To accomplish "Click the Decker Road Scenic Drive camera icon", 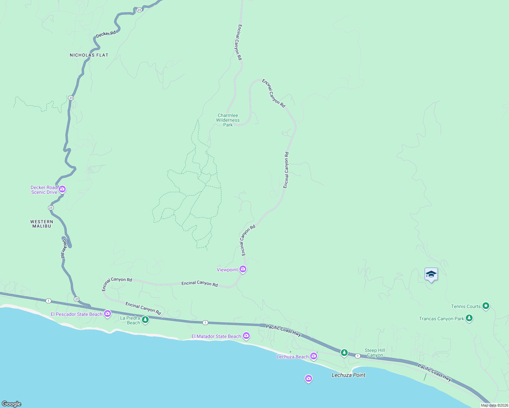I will (x=62, y=189).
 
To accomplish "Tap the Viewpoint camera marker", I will (x=243, y=269).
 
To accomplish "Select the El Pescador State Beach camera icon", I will (x=108, y=313).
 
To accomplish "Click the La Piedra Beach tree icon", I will (x=145, y=320).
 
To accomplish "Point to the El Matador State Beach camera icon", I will (x=246, y=336).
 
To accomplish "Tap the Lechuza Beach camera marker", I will (x=314, y=356).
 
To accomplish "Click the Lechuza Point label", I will (x=348, y=375).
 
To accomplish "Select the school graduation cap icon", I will (x=431, y=274).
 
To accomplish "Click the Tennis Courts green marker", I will (x=486, y=306).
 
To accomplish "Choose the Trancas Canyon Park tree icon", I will (x=469, y=318).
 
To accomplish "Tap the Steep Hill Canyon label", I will (x=375, y=353).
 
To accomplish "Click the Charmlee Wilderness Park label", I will (x=228, y=120).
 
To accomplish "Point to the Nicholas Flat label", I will (x=89, y=55).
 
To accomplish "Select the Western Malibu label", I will (x=42, y=224).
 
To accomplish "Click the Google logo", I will (x=11, y=404).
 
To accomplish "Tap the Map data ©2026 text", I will (x=494, y=405).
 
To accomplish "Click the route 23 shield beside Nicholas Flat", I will (x=71, y=98).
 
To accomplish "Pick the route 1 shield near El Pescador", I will (x=49, y=301).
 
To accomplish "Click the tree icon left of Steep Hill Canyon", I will (x=344, y=353).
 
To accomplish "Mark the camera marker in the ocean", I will (x=309, y=378).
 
